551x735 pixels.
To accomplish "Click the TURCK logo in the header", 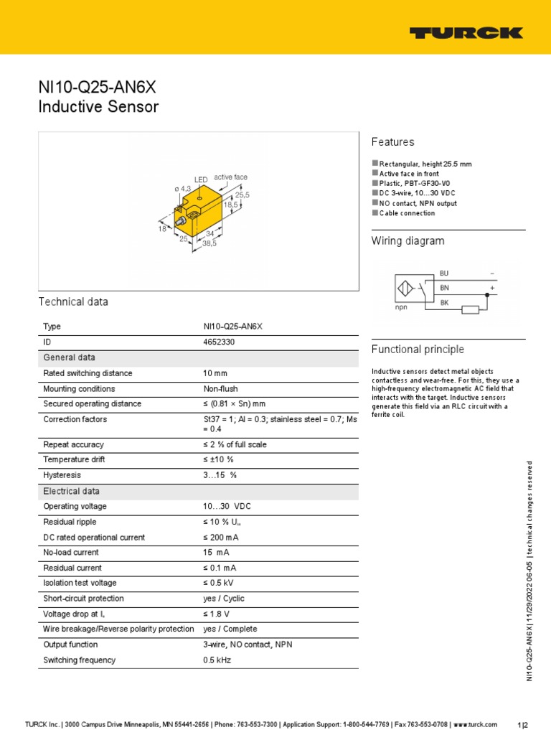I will coord(466,32).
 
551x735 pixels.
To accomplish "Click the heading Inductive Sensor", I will coord(98,108).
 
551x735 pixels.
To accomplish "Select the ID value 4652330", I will coord(219,342).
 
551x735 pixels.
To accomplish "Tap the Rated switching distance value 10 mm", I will coord(215,373).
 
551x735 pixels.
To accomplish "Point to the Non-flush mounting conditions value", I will coord(220,389).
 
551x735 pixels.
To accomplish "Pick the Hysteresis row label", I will coord(62,475).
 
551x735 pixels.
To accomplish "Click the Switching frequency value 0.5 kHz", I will coord(217,660).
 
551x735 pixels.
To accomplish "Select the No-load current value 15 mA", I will coord(216,553).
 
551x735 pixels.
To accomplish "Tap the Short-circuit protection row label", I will coord(83,599).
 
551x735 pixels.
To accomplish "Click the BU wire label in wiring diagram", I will coord(443,273).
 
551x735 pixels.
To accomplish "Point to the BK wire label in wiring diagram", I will coord(443,302).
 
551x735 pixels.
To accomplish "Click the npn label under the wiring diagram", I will coord(401,306).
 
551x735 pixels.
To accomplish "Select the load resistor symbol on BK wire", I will coord(470,309).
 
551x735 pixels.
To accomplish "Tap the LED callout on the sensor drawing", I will coord(201,179).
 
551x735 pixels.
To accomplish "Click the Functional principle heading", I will coord(418,350).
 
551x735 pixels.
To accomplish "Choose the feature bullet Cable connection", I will coord(407,213).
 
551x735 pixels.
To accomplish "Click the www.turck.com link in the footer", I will coord(476,724).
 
